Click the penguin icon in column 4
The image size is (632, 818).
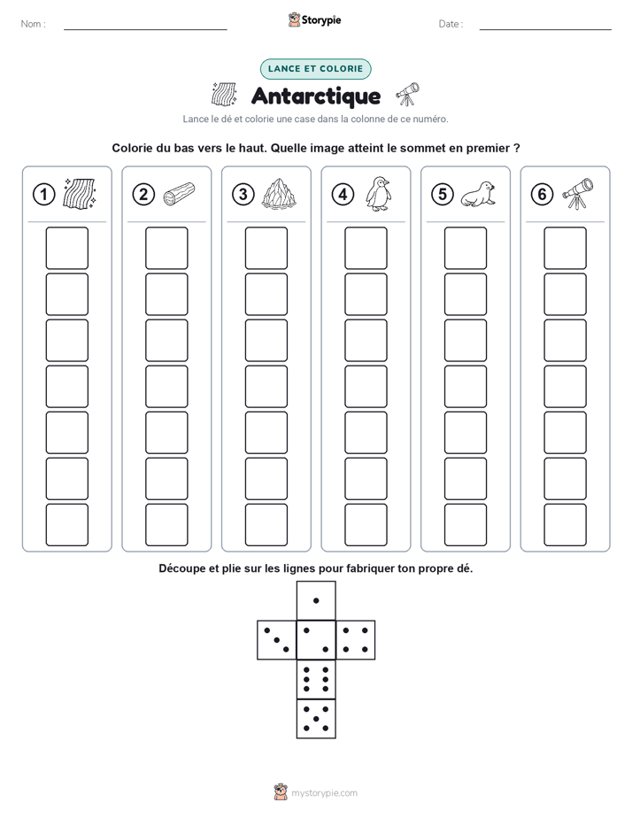click(x=378, y=194)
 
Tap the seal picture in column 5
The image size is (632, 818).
click(x=478, y=194)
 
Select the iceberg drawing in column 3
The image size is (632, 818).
click(x=279, y=194)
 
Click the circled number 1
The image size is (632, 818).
click(x=43, y=195)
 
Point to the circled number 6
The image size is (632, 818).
click(x=542, y=195)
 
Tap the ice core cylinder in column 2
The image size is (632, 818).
click(x=179, y=194)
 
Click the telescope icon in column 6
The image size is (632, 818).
click(x=578, y=194)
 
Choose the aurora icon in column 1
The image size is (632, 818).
click(x=80, y=194)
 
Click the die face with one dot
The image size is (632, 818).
click(x=316, y=601)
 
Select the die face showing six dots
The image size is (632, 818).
click(x=316, y=679)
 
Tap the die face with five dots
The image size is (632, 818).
click(x=316, y=719)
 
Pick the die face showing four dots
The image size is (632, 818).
click(x=356, y=640)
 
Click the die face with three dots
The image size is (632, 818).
click(x=277, y=640)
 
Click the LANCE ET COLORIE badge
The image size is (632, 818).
click(x=315, y=69)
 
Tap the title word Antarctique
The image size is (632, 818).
click(x=316, y=96)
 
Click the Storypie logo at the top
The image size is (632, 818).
click(x=315, y=20)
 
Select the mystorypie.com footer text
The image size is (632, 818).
click(x=324, y=793)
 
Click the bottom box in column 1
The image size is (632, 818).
click(x=66, y=525)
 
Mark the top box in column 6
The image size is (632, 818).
click(x=565, y=248)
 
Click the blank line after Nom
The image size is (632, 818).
click(x=145, y=29)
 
